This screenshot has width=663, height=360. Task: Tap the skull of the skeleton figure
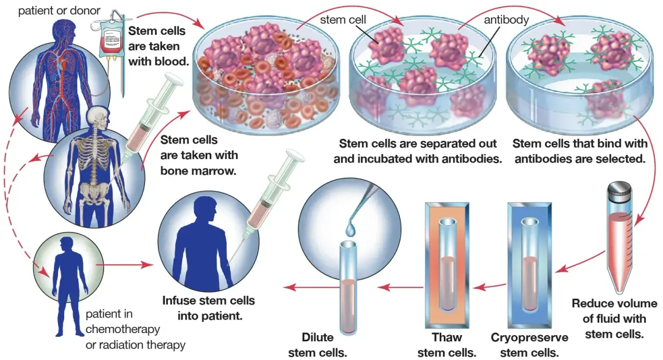(99, 119)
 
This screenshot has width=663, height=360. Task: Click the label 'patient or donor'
(59, 11)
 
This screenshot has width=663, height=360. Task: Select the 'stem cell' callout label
(343, 20)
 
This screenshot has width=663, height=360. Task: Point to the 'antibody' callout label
(507, 20)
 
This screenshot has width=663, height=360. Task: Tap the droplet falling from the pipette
(351, 229)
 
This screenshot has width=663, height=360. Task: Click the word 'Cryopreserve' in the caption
(529, 338)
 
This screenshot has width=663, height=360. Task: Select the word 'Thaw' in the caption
(446, 337)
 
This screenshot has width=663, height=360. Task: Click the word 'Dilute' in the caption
(318, 337)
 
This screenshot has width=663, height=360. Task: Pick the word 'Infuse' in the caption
(179, 300)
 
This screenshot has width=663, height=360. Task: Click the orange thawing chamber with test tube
(447, 266)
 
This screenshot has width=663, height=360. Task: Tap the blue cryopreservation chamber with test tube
(529, 266)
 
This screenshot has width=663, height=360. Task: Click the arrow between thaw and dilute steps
(400, 287)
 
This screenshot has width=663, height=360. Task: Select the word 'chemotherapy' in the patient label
(123, 329)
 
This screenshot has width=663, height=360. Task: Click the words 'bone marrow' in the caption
(198, 171)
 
